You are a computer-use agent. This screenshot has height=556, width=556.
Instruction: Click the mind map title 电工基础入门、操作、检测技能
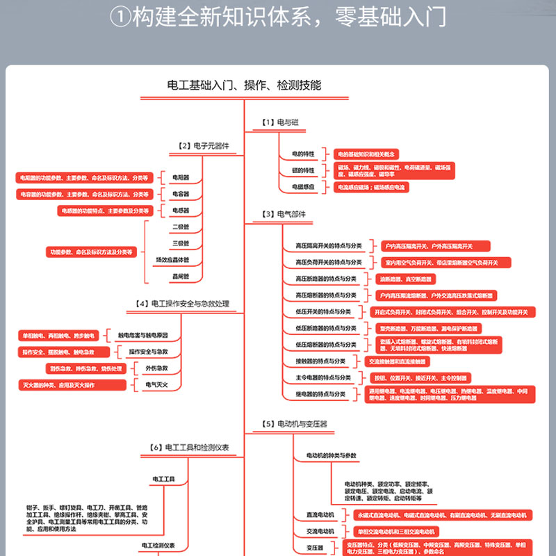coord(244,85)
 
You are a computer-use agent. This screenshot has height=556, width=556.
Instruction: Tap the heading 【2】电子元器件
coord(204,146)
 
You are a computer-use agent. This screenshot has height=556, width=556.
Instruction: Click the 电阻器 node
coord(181,178)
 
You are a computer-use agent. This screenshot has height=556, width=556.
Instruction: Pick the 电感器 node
coord(181,211)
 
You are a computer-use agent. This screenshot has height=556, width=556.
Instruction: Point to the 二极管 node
coord(181,227)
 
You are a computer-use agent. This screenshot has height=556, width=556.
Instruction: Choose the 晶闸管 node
coord(181,277)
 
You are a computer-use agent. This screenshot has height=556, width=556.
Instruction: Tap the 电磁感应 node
coord(304,187)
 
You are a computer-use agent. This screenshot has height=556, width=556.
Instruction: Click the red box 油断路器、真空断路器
coord(405,279)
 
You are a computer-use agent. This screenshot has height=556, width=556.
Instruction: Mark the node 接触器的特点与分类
coord(320,361)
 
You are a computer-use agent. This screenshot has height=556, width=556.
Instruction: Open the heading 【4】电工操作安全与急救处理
coord(182,304)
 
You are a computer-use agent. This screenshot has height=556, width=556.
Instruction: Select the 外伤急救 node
coord(156,368)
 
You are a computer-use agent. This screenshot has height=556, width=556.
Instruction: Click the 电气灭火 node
coord(156,384)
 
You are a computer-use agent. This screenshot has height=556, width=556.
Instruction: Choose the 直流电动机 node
coord(320,515)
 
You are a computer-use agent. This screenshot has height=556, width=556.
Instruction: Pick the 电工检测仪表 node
coord(158,546)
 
